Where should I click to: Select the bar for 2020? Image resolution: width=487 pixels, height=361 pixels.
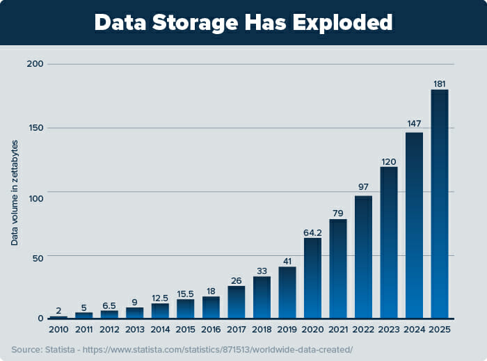312,278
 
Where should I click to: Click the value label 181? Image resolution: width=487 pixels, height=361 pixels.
439,84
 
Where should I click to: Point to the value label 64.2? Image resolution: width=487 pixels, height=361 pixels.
312,232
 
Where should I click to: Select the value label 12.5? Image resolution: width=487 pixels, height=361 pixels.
160,298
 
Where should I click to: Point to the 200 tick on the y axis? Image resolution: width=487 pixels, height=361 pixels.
35,64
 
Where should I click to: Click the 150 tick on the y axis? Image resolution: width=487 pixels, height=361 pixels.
35,128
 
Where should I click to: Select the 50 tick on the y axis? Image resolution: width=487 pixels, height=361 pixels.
38,257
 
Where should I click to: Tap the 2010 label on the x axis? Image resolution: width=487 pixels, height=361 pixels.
58,329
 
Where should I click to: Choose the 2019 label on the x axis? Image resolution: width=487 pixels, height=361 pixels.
287,329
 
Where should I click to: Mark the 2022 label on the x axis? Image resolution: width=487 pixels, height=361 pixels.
363,329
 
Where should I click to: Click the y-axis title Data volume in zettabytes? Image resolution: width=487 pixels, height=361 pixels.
15,191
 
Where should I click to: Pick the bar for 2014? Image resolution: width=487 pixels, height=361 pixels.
160,310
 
